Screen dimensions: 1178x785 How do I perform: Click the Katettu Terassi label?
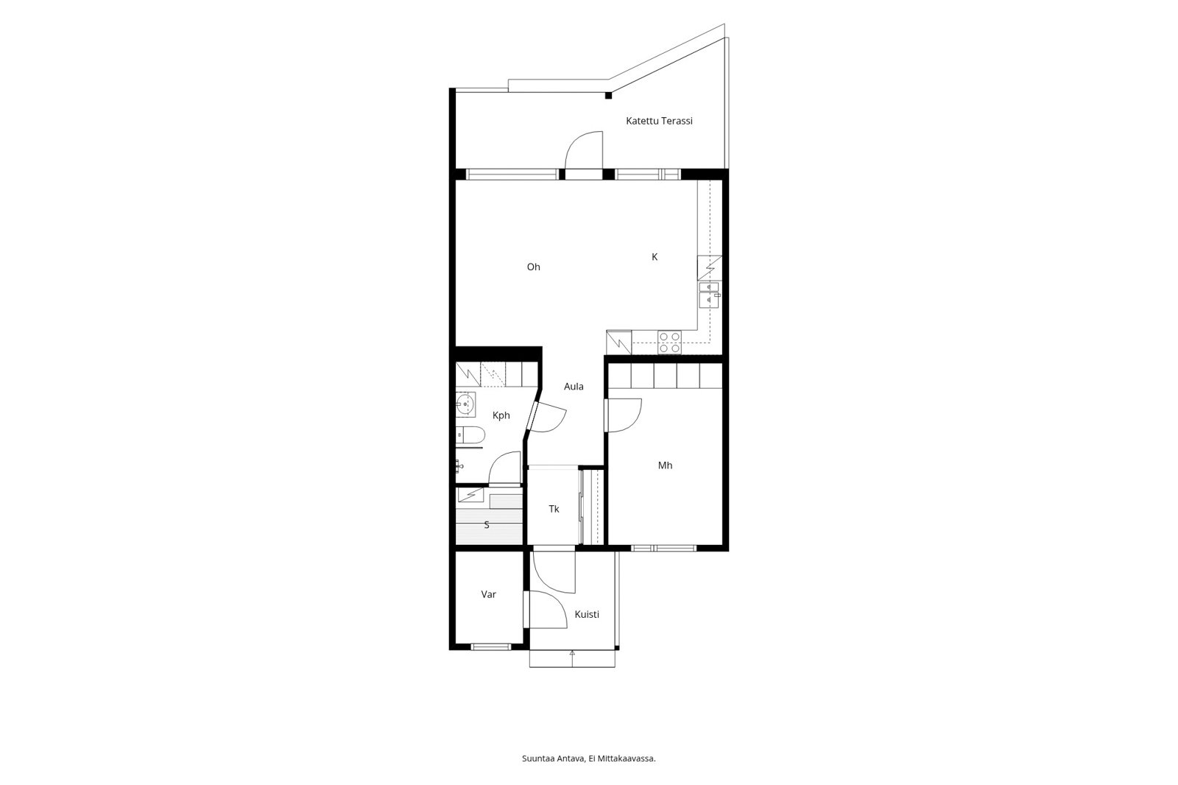pos(659,121)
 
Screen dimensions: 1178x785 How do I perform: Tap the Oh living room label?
pos(533,267)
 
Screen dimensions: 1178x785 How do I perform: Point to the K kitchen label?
pos(655,257)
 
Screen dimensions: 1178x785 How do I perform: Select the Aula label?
pos(574,386)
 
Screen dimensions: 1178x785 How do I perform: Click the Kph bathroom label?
pos(501,415)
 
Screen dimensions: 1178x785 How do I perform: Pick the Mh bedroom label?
pos(666,465)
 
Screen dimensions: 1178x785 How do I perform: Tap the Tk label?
pos(554,509)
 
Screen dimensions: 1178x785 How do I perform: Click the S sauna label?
pos(487,524)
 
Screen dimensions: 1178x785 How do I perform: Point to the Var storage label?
pos(489,594)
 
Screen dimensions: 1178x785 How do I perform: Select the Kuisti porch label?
pos(586,614)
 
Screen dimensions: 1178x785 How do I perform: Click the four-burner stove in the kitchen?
pos(669,342)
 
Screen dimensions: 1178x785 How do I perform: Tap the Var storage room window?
pos(490,647)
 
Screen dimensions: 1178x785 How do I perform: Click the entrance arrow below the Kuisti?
pos(572,659)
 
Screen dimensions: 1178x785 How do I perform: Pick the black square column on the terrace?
pos(608,96)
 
